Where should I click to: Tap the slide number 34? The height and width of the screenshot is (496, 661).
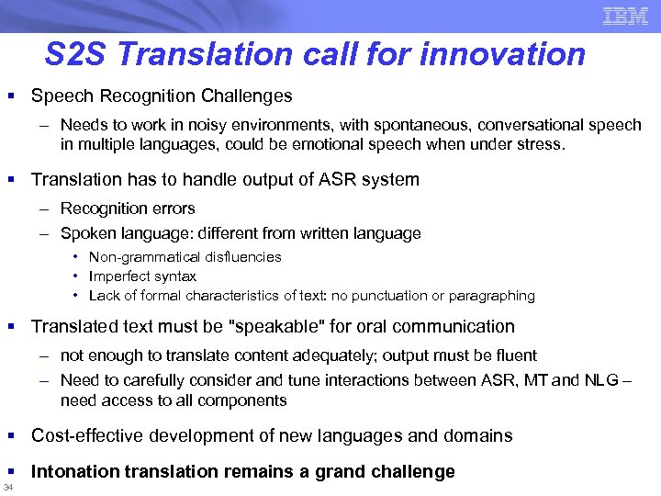(x=8, y=488)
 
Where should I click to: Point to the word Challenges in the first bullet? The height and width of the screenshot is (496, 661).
(x=251, y=96)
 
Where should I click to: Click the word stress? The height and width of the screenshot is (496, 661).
(x=545, y=144)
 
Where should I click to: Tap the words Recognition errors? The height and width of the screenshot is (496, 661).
(x=128, y=209)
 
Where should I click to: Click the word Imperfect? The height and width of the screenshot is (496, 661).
(x=116, y=276)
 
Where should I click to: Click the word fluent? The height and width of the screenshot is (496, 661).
(x=515, y=355)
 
